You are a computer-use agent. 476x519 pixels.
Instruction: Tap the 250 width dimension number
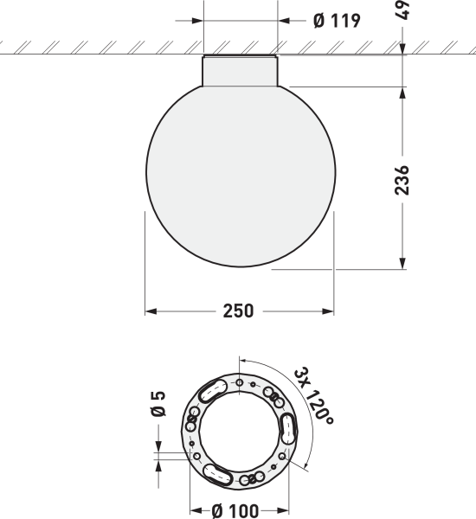pyautogui.click(x=239, y=311)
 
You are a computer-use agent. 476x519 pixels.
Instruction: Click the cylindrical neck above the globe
pyautogui.click(x=240, y=70)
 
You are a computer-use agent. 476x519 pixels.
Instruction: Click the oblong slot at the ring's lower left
pyautogui.click(x=216, y=474)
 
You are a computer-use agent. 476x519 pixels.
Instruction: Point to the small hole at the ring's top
pyautogui.click(x=240, y=381)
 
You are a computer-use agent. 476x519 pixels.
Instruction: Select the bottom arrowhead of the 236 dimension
pyautogui.click(x=402, y=263)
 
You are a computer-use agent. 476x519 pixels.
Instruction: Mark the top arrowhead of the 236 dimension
pyautogui.click(x=402, y=92)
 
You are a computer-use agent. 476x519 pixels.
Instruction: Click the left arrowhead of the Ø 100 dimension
pyautogui.click(x=195, y=510)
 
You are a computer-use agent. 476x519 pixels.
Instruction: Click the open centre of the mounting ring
pyautogui.click(x=240, y=432)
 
